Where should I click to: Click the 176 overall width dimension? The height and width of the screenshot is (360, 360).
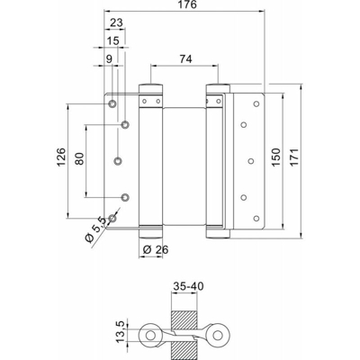point(186,4)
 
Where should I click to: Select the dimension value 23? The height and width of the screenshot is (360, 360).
point(117,22)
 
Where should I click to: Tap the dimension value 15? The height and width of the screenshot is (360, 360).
point(113,40)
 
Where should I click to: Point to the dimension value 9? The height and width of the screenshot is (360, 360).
point(109,59)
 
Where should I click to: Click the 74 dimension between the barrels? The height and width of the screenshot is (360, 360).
point(185,59)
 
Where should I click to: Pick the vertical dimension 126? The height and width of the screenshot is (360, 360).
point(61,157)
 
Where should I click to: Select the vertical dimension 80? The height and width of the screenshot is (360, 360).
point(79,158)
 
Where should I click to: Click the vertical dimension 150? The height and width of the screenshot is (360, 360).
point(276,157)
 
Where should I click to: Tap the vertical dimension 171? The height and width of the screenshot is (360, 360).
point(294,157)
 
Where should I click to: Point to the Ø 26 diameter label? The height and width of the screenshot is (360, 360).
point(156,249)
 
